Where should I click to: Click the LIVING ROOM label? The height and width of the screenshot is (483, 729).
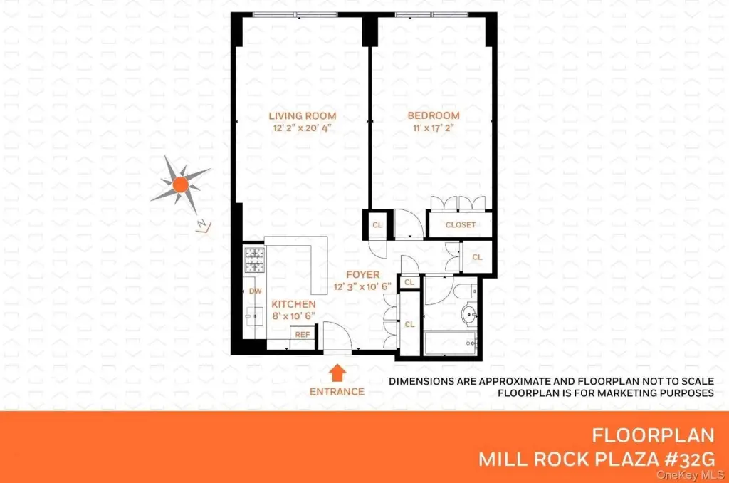(302, 116)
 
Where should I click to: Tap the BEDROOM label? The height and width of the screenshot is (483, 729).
(434, 115)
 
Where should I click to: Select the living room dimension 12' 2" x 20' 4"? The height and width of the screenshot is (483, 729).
(302, 128)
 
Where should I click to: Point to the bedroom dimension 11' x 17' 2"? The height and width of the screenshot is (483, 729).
(434, 128)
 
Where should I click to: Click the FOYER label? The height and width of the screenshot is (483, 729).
(362, 274)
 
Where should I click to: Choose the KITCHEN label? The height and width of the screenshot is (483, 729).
(293, 304)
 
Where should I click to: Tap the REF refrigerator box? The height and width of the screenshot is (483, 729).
(302, 335)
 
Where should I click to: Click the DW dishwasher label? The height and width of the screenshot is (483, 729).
(256, 291)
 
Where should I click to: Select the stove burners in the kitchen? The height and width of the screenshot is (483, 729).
(254, 260)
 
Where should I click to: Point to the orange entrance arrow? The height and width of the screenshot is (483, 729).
(337, 373)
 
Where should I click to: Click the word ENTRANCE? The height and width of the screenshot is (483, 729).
(337, 392)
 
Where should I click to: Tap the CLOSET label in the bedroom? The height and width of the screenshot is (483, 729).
(461, 224)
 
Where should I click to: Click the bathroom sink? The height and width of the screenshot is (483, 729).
(470, 313)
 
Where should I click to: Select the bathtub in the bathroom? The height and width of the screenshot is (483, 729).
(450, 343)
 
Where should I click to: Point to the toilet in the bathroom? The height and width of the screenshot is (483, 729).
(465, 291)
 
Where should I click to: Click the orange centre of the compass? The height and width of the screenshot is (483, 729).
(180, 185)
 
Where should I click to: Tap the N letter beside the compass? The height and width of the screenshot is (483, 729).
(204, 226)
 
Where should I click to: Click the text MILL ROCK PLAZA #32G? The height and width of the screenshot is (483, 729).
(596, 459)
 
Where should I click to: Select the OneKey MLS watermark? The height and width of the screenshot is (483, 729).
(691, 475)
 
